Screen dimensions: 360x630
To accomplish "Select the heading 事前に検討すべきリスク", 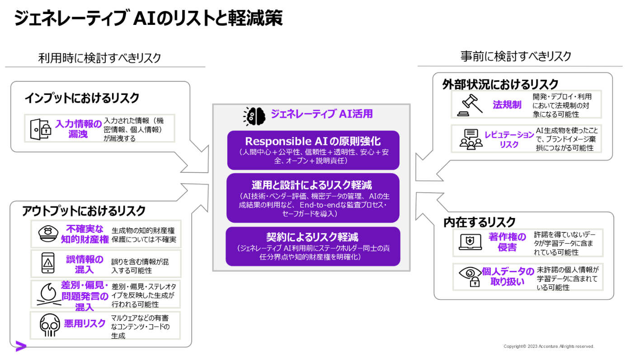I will coord(516,56).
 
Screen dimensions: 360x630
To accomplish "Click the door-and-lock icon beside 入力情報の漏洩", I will coord(40,128).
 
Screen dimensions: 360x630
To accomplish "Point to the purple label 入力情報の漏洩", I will coord(78,128).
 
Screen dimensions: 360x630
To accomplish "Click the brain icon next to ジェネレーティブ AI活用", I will coord(254,115).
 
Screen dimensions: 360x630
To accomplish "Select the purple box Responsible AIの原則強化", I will coord(313,150).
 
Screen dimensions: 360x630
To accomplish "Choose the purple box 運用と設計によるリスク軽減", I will coord(313,198).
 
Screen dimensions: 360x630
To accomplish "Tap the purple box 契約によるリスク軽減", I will coord(313,246).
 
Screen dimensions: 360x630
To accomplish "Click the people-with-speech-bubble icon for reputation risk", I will coord(470,139).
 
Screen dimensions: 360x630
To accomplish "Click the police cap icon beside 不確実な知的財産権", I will coord(48,234).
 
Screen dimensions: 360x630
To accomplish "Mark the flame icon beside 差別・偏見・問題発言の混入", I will coord(48,294).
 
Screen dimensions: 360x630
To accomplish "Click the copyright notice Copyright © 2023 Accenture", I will coord(549,346).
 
